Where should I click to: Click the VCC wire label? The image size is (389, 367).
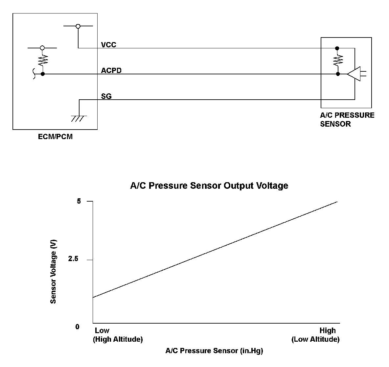point(108,45)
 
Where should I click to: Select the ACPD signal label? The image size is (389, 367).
point(111,70)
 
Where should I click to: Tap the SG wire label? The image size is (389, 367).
point(106,96)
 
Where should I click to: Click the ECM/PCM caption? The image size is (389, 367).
point(55,136)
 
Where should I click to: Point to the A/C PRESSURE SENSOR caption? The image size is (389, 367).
point(347,119)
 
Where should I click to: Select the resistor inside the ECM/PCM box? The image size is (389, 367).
point(42,60)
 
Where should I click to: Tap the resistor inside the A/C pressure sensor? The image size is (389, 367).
point(338,61)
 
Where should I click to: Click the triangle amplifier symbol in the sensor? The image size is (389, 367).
point(354,74)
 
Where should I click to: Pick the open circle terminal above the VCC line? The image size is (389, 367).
point(78,26)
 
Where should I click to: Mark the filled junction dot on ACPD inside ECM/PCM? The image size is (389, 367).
point(42,74)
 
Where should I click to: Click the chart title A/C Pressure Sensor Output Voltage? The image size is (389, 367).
point(209,186)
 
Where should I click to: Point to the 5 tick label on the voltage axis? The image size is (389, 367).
point(79,201)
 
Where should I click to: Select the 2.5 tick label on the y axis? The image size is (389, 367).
point(73,259)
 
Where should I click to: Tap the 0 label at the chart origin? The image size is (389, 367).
point(78,327)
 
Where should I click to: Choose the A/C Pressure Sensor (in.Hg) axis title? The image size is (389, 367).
point(214,351)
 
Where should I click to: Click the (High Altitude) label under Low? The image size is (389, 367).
point(118,339)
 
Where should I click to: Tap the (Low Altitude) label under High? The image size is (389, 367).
point(315,339)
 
